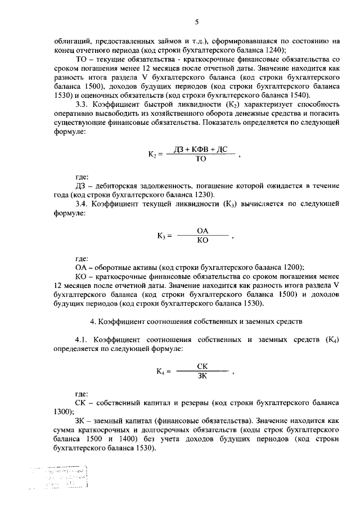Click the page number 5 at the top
click(x=196, y=22)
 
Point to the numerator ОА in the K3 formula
click(x=203, y=231)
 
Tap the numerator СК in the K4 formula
click(x=203, y=366)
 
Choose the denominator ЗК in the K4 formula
click(x=203, y=376)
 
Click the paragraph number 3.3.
click(x=81, y=105)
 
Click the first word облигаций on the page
click(x=73, y=40)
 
